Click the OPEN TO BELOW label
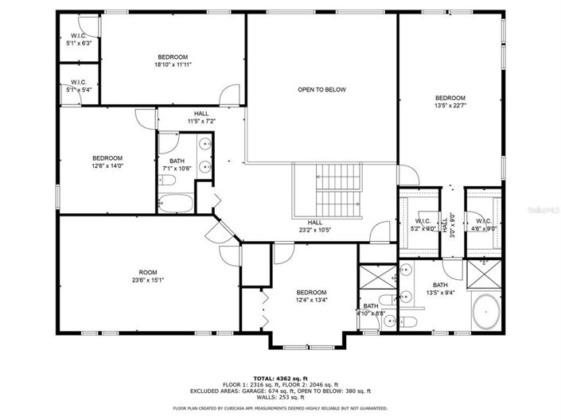[321, 90]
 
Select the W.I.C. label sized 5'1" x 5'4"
[78, 86]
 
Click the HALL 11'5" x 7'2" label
[201, 118]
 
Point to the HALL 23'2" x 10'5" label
[315, 227]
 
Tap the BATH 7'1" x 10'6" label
[177, 165]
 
